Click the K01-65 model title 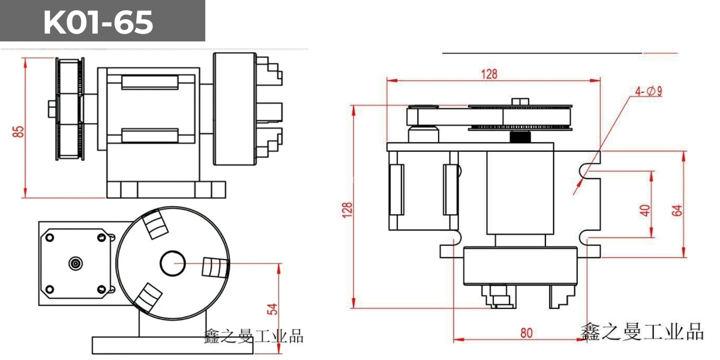click(x=98, y=23)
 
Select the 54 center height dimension click(x=273, y=309)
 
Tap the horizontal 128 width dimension click(x=490, y=74)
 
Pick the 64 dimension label click(x=677, y=210)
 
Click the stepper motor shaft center click(x=76, y=263)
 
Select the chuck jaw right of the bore click(x=215, y=268)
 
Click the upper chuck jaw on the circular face click(x=154, y=225)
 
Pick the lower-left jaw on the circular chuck click(x=148, y=298)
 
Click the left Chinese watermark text click(x=254, y=337)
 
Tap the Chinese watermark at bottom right click(x=642, y=332)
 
